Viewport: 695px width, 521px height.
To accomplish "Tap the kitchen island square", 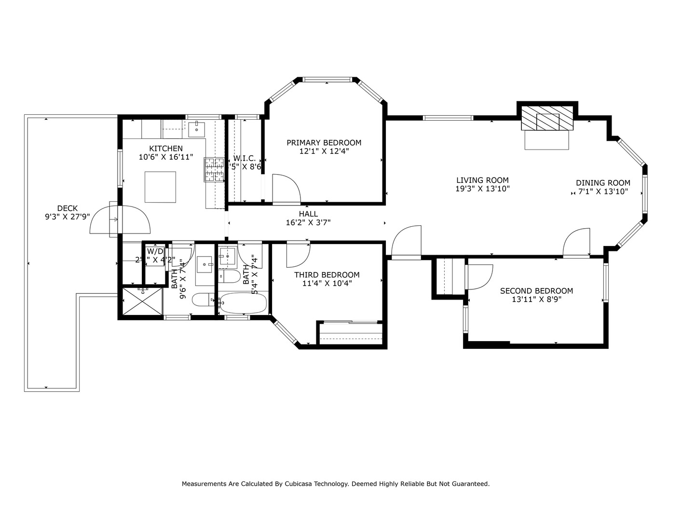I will tap(160, 187).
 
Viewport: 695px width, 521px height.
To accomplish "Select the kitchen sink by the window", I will tap(197, 129).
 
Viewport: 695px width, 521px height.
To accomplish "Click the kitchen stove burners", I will tap(215, 170).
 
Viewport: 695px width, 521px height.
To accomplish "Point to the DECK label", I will tap(67, 208).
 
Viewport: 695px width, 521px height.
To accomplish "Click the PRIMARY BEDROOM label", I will tap(324, 143).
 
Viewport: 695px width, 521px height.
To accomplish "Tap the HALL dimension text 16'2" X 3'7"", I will tap(308, 222).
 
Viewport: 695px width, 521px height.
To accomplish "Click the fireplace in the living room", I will tap(547, 119).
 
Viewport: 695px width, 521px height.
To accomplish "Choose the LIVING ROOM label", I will tap(482, 180).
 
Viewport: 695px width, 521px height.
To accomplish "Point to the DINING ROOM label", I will tap(603, 183).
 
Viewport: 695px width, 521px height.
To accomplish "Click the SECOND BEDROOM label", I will tap(536, 291).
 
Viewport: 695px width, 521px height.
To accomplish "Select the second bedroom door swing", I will tap(479, 276).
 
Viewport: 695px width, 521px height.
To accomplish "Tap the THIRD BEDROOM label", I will tap(327, 275).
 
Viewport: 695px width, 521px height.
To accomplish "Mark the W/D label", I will tap(155, 251).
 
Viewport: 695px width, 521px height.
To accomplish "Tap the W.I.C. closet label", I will tap(245, 158).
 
